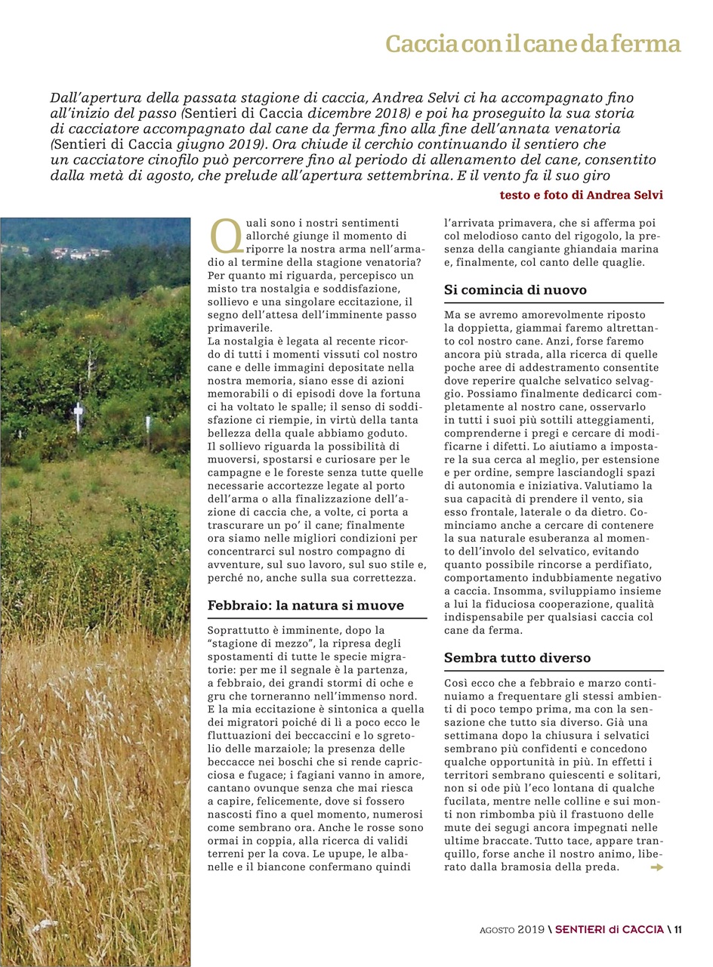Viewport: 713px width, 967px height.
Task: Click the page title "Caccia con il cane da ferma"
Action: click(533, 44)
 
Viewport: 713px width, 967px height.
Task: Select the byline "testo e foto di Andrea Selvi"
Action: click(582, 195)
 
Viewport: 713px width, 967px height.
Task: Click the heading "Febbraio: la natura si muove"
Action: click(305, 605)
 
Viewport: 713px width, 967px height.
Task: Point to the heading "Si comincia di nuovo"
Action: click(515, 290)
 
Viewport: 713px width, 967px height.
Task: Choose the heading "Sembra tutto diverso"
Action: click(517, 658)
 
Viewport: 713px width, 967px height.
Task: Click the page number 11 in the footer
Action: click(678, 929)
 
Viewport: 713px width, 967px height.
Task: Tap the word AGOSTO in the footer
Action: click(497, 930)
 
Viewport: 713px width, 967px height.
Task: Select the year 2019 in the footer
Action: click(531, 929)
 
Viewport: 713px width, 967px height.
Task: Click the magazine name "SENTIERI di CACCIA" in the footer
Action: click(610, 929)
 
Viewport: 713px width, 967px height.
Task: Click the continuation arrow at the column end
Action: click(656, 867)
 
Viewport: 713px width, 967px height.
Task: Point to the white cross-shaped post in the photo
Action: click(78, 416)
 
